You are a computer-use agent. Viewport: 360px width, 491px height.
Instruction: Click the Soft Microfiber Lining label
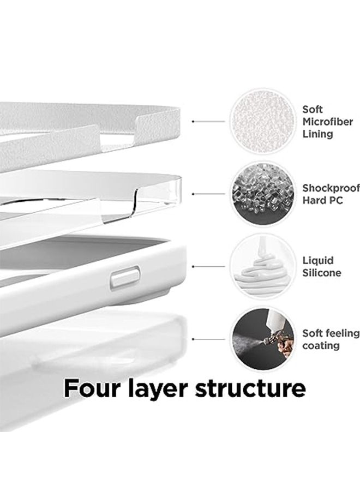tap(327, 122)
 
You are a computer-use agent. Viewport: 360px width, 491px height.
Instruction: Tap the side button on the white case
tap(125, 278)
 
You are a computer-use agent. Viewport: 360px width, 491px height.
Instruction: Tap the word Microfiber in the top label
tap(327, 122)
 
